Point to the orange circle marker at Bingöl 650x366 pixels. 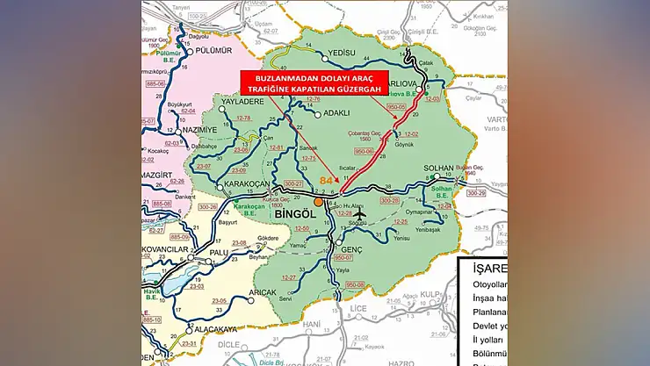click(x=320, y=202)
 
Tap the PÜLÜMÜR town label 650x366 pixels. click(x=214, y=52)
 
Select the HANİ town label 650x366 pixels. click(x=310, y=324)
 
